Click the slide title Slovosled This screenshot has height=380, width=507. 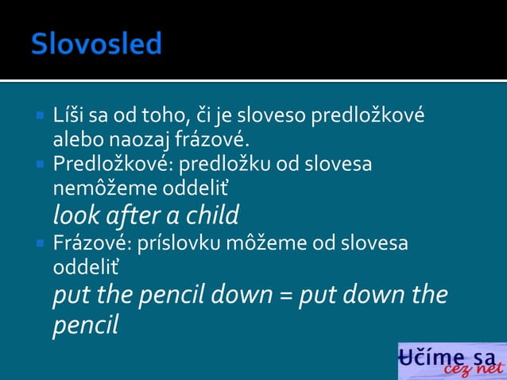click(96, 44)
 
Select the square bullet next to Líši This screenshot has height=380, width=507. click(39, 116)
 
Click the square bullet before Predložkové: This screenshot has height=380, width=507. click(39, 165)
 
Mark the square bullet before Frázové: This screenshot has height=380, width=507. click(39, 242)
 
